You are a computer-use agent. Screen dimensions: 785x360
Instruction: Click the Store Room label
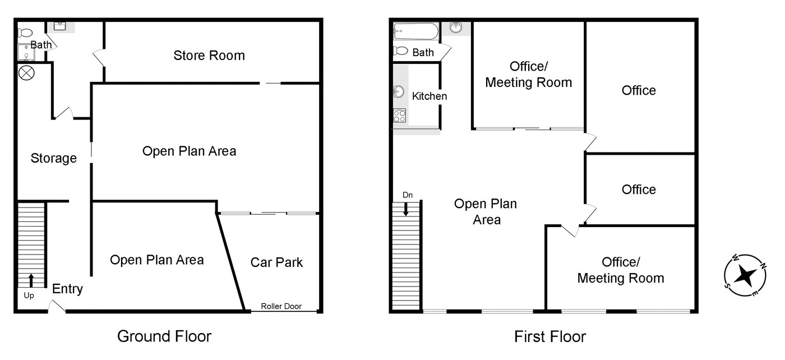[x=209, y=56]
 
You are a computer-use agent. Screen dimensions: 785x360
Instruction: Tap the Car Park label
[x=276, y=262]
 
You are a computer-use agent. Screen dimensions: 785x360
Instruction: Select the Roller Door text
[x=281, y=306]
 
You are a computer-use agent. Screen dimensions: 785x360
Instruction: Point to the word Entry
[x=67, y=289]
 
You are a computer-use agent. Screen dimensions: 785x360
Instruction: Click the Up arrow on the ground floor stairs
[x=31, y=280]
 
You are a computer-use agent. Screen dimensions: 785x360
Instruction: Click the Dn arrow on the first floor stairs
[x=406, y=209]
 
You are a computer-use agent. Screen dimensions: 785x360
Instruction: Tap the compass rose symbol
[x=745, y=275]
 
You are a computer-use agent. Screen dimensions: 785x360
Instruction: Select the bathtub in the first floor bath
[x=416, y=31]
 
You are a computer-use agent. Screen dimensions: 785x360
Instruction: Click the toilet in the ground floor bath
[x=25, y=33]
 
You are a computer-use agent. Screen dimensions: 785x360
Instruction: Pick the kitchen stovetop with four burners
[x=399, y=116]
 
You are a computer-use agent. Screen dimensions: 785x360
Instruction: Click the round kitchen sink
[x=399, y=92]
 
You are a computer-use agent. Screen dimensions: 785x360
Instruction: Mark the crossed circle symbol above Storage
[x=26, y=73]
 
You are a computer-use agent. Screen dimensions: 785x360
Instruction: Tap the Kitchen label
[x=430, y=96]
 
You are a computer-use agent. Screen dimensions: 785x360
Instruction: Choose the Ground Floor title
[x=164, y=336]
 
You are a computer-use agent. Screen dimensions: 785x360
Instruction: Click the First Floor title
[x=550, y=336]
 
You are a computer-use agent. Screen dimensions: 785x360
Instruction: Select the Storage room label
[x=54, y=158]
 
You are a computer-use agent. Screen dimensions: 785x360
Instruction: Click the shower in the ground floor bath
[x=26, y=53]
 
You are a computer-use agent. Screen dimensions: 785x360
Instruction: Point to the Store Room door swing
[x=99, y=58]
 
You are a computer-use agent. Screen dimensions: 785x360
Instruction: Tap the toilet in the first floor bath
[x=400, y=51]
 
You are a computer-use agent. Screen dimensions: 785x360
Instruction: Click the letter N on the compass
[x=763, y=266]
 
